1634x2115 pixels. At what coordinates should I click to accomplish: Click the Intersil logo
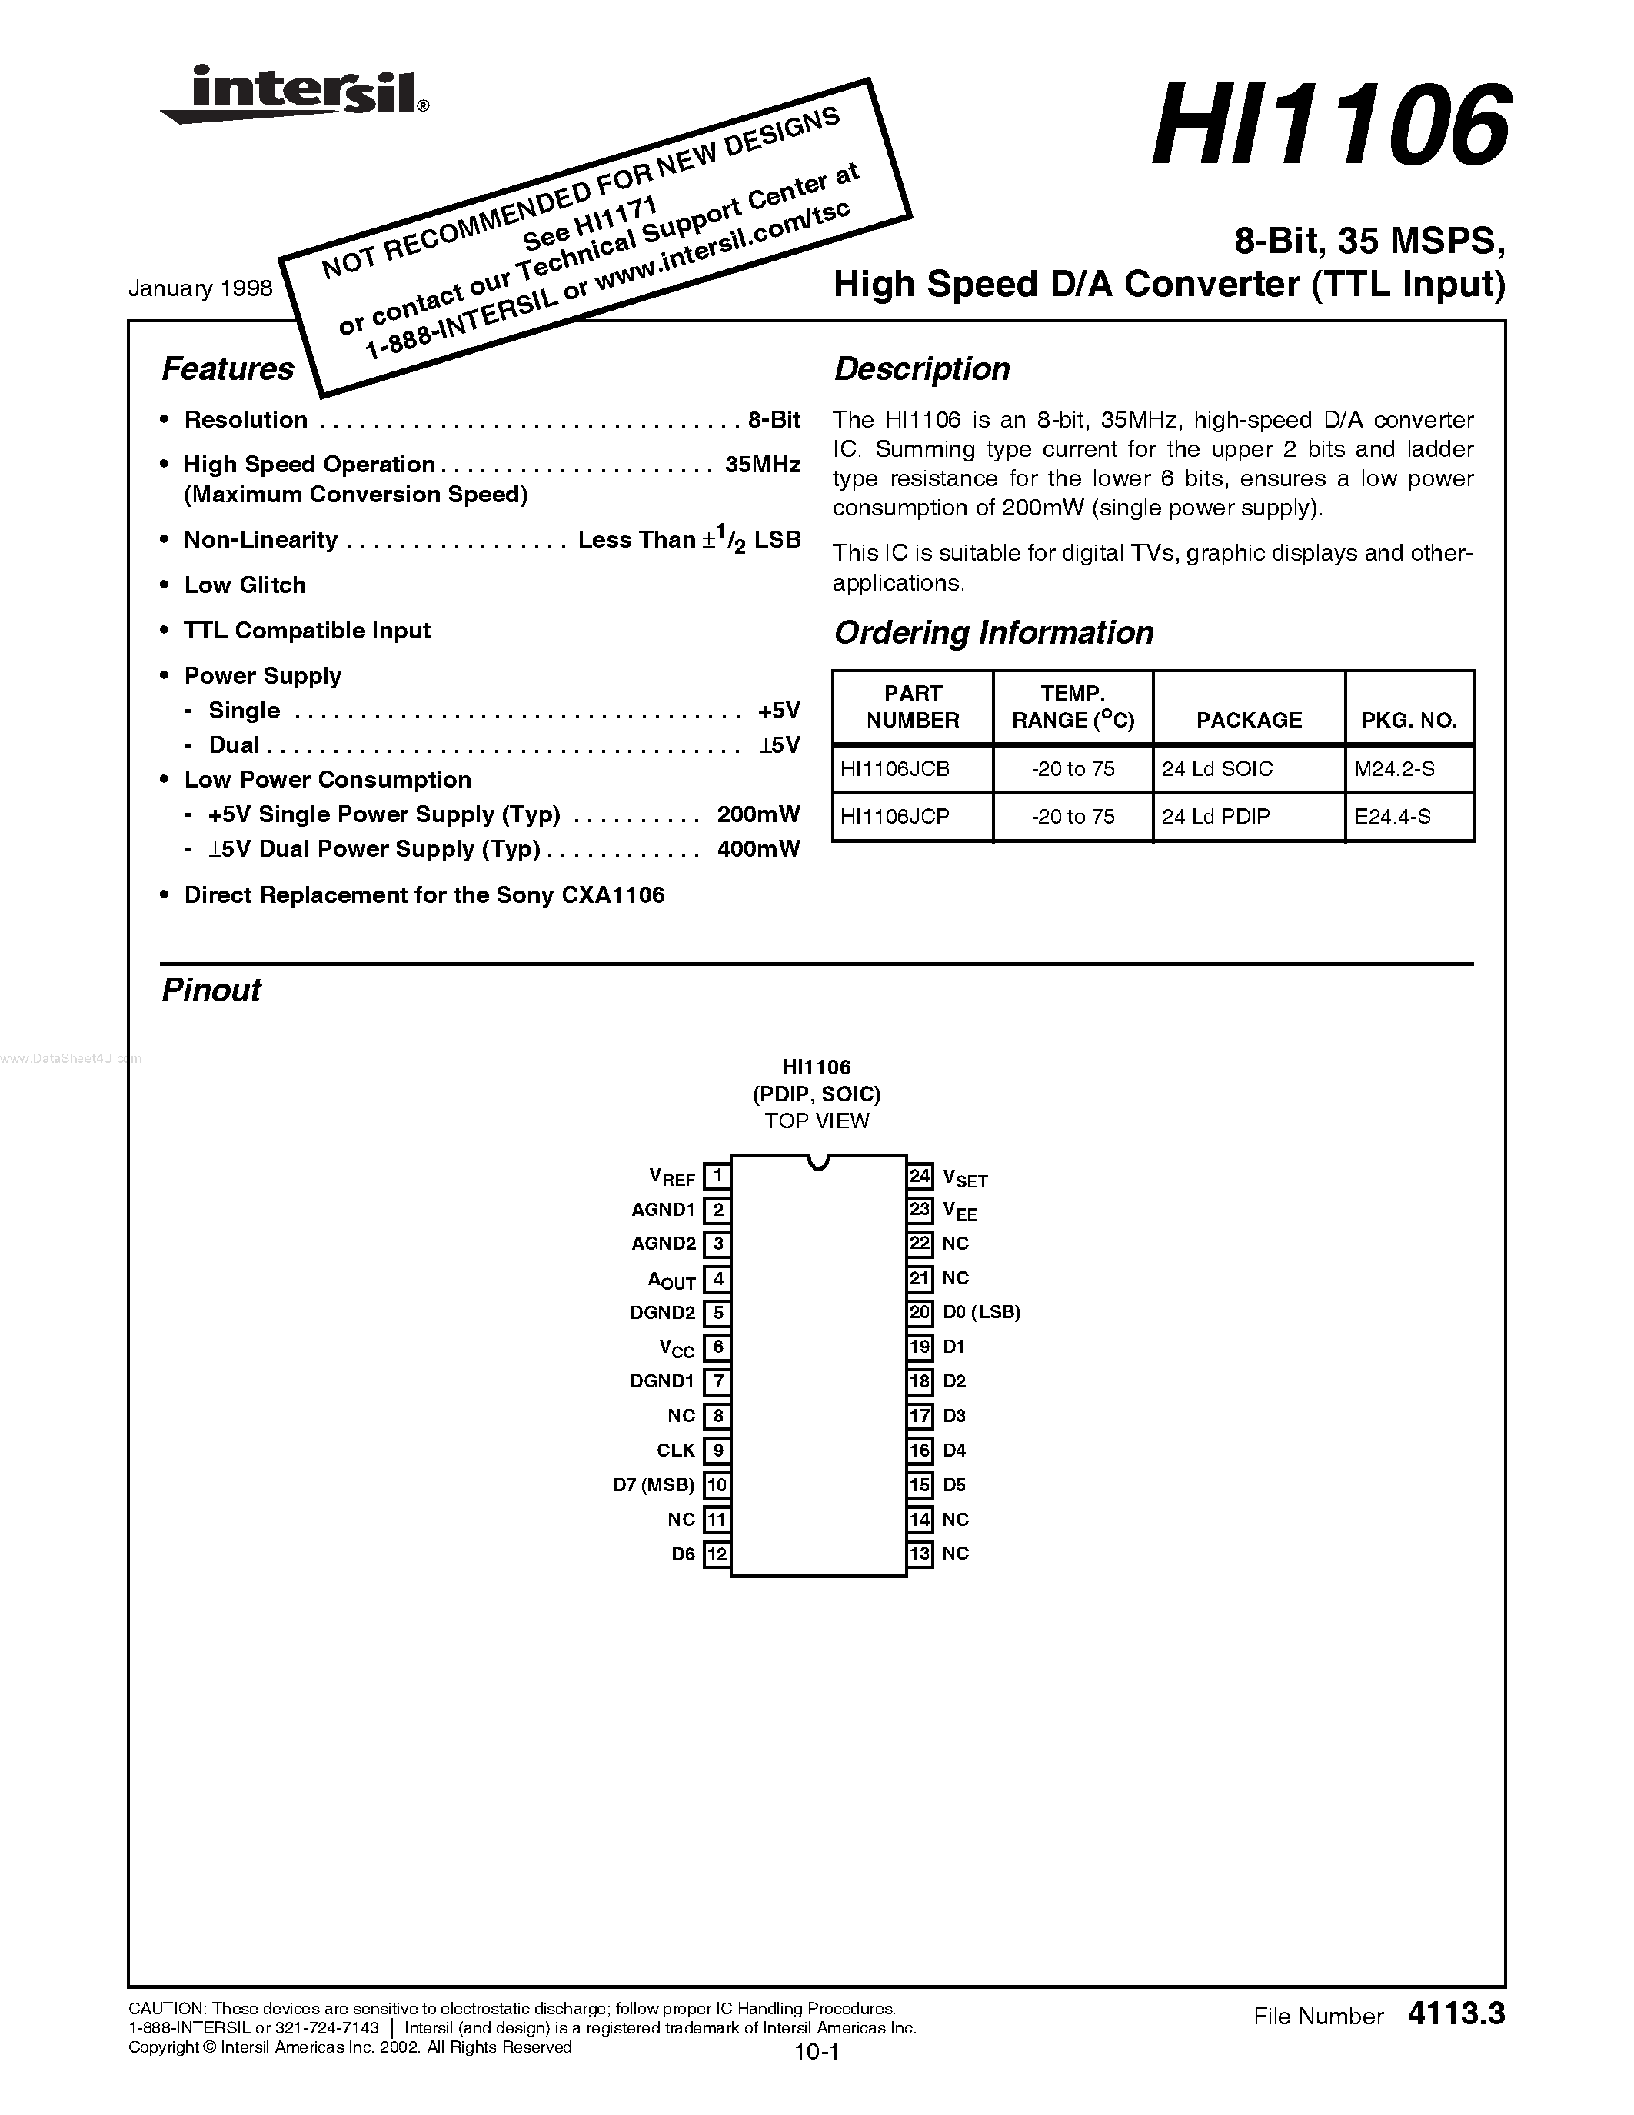coord(295,95)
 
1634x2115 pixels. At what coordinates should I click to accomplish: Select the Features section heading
coord(228,369)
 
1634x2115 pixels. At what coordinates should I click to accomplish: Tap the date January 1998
coord(201,288)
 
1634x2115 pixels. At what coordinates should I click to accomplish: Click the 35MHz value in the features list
coord(762,465)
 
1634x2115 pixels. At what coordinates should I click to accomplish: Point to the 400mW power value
coord(758,849)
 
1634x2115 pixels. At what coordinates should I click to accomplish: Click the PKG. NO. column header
coord(1409,720)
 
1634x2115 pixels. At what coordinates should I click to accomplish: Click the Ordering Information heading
coord(993,633)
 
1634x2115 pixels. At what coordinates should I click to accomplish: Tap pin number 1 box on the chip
coord(717,1177)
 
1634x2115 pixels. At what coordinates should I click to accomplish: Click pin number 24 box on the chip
coord(920,1177)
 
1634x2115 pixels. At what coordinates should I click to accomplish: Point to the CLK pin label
coord(676,1451)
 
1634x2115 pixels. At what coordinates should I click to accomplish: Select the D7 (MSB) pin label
coord(654,1484)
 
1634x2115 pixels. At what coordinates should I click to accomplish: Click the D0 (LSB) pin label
coord(982,1312)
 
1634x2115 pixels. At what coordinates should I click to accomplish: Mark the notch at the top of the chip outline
coord(819,1161)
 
